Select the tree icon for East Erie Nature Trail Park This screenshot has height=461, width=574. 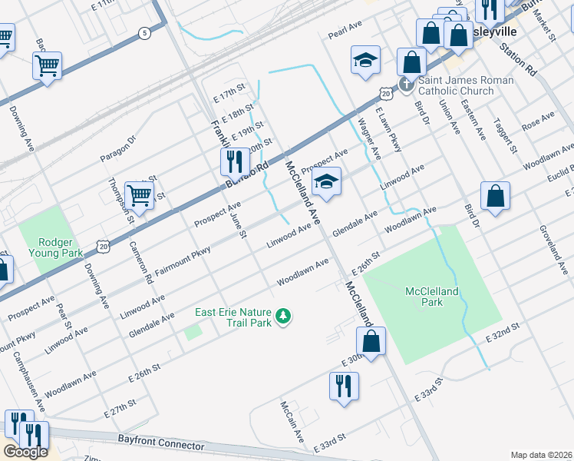coord(285,316)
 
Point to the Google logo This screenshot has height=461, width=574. coord(25,452)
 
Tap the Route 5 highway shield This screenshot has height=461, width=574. coord(144,33)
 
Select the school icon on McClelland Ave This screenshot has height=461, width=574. coord(326,183)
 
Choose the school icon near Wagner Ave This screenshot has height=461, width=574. coord(365,60)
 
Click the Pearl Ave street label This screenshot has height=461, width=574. coord(345,30)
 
